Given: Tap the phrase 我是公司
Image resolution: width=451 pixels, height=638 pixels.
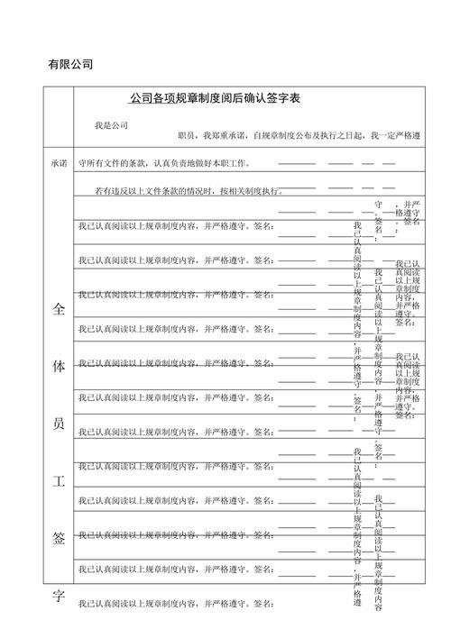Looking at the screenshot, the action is [111, 124].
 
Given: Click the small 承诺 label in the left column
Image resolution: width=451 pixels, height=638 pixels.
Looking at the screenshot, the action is [59, 164].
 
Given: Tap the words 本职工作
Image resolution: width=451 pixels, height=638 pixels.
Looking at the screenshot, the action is [228, 164].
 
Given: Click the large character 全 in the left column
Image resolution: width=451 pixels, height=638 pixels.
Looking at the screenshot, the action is [59, 309].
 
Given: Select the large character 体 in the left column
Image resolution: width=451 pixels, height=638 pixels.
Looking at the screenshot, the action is [59, 367].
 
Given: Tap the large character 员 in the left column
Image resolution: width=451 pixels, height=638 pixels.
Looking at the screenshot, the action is [59, 424].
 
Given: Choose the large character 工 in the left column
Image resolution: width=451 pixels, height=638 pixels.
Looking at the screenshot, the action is [59, 480].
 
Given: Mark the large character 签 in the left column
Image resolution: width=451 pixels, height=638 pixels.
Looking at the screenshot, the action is [59, 538].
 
